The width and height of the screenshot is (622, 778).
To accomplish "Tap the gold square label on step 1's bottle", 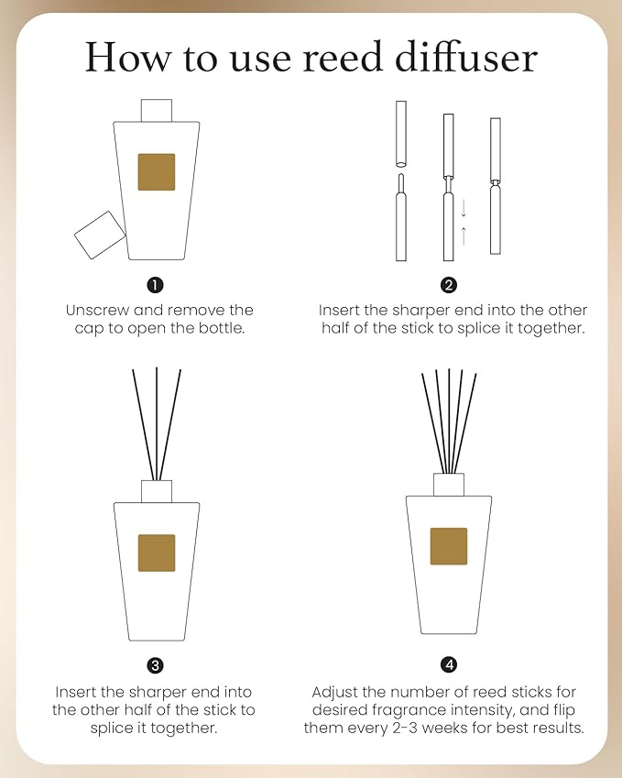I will point(156,172).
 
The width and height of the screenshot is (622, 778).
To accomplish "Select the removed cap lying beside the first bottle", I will point(100,234).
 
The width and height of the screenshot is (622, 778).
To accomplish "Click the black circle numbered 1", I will point(156,284).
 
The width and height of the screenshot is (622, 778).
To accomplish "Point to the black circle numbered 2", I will point(449,284).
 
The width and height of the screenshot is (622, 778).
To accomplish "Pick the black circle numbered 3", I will point(156,664).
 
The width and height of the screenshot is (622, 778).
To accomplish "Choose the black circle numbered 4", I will point(449,664).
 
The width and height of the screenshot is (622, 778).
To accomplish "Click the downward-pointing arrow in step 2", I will point(464,205).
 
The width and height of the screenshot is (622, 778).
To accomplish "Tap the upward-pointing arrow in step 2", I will point(464,236).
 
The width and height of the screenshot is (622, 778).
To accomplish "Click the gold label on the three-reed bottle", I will point(157,553).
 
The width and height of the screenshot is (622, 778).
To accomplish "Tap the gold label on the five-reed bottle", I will point(449,546).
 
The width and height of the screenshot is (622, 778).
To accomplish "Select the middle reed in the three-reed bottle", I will point(157,422).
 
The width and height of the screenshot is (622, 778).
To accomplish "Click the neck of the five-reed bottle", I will point(449,484).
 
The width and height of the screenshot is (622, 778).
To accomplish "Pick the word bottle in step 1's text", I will point(222,328).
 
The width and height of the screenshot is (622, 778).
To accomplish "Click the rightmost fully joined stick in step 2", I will point(496,188).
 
